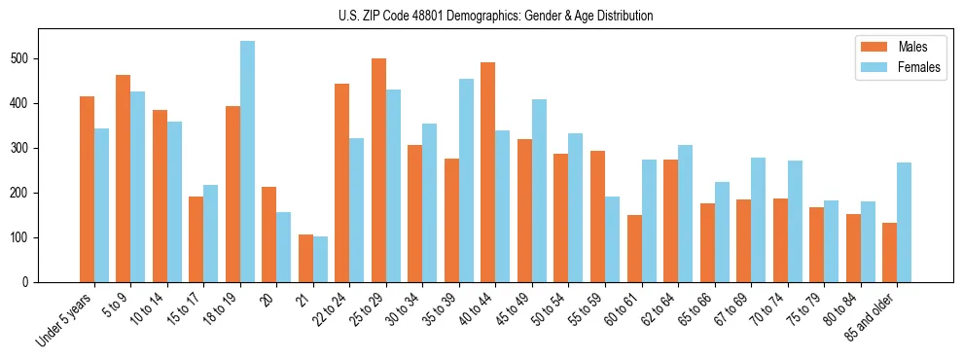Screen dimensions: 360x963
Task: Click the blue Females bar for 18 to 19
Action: point(247,162)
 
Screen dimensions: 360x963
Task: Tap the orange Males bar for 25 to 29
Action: point(378,170)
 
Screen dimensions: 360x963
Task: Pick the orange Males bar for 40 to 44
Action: point(488,184)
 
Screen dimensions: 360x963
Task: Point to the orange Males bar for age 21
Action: point(305,258)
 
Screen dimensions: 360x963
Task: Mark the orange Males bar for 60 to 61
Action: point(634,248)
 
